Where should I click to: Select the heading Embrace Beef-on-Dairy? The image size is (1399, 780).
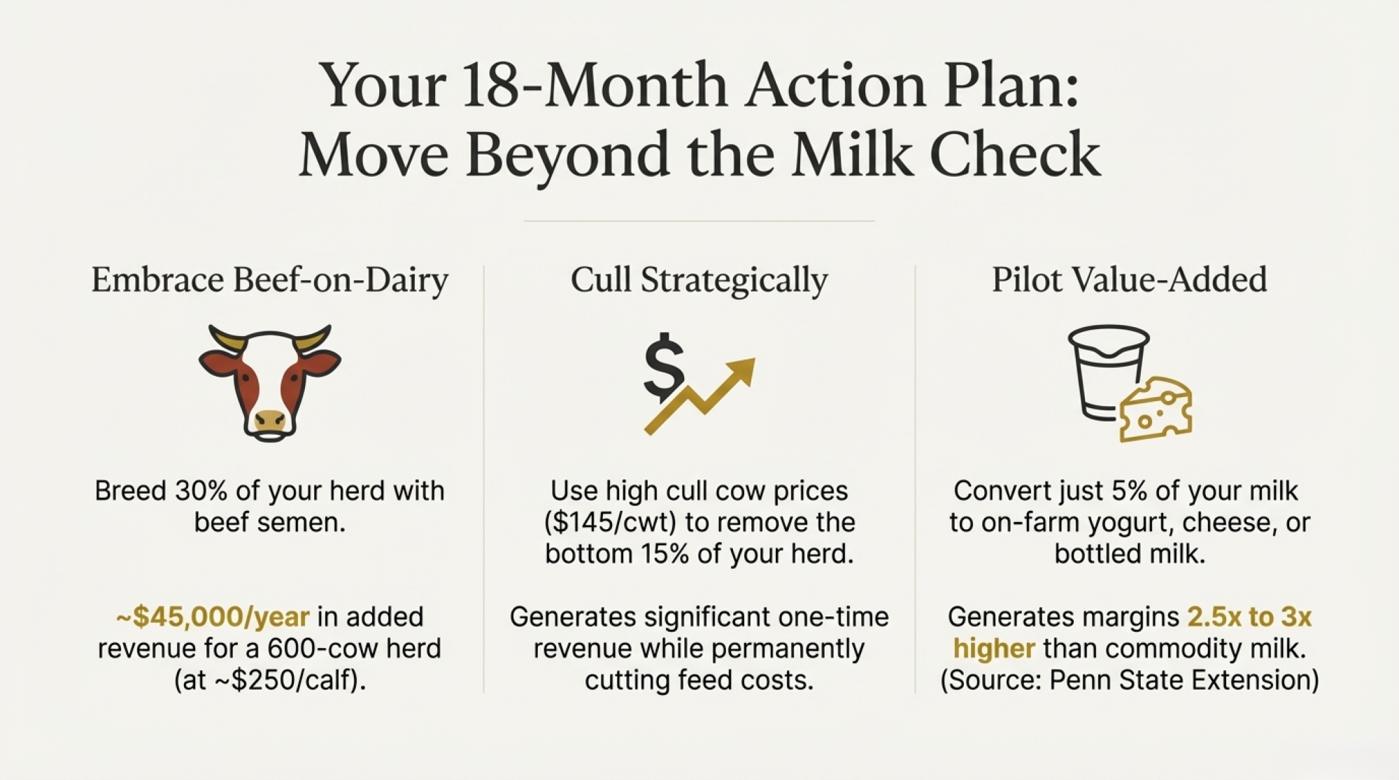[270, 280]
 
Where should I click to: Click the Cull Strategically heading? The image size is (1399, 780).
[699, 280]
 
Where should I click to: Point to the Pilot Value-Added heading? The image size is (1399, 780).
[1130, 279]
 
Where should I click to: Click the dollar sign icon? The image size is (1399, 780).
[663, 368]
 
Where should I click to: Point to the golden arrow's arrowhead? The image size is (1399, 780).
[740, 371]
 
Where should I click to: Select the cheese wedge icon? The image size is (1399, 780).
[1156, 410]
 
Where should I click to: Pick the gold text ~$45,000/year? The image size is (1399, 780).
[213, 617]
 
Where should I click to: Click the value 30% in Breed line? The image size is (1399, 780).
[201, 491]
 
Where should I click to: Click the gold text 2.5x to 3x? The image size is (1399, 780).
[1249, 617]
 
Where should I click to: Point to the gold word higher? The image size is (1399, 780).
[994, 649]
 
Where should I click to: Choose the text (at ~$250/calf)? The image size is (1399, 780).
[270, 680]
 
